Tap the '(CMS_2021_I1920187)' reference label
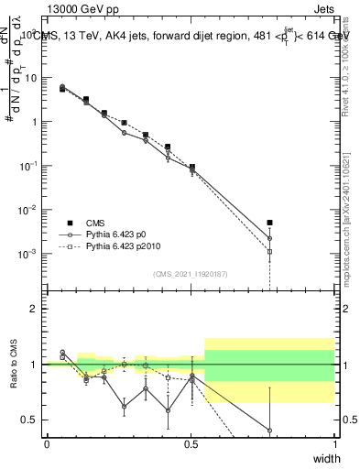190,272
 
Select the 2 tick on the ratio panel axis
34,309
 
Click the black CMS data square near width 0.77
269,223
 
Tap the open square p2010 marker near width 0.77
269,251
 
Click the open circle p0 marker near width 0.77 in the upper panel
269,238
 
